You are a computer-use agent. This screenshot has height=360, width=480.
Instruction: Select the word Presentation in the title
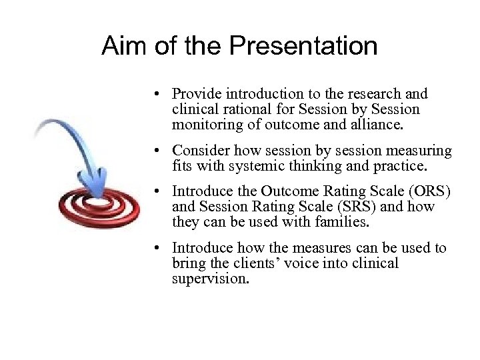point(303,46)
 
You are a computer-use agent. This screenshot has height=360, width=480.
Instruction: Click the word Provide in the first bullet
point(194,94)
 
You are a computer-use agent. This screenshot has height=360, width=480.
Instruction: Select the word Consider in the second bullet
point(198,151)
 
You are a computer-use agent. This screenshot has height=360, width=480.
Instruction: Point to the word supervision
point(210,278)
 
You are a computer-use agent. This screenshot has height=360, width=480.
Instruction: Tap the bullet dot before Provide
point(155,95)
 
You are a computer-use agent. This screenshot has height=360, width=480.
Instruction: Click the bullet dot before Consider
point(155,152)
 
